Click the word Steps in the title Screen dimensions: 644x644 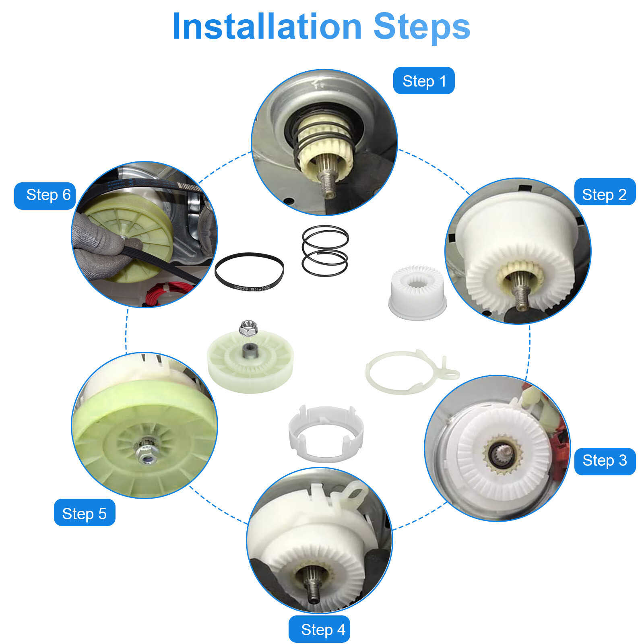[x=421, y=27]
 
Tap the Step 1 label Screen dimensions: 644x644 [x=424, y=81]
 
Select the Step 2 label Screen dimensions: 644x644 [x=604, y=194]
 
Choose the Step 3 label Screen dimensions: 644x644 [x=605, y=460]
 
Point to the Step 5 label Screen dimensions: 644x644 [x=84, y=514]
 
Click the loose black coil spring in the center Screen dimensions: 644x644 [x=325, y=251]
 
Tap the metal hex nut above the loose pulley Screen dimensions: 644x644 [x=248, y=328]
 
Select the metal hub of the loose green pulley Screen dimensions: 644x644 [x=250, y=351]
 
